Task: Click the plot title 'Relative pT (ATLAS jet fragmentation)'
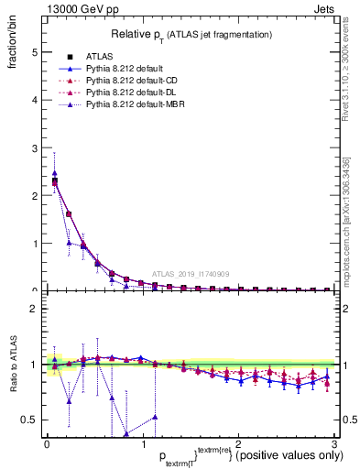pos(191,34)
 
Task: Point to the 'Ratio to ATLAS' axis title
pos(14,364)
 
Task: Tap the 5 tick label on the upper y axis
pos(35,52)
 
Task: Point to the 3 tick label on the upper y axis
pos(35,147)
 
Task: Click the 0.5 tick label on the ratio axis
pos(30,420)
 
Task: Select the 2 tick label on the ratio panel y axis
pos(35,309)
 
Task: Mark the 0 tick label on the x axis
pos(47,444)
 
